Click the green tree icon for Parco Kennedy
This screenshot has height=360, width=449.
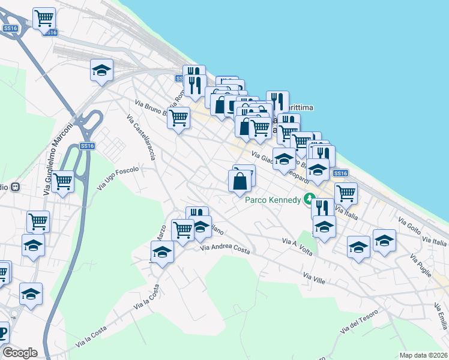[x=309, y=197]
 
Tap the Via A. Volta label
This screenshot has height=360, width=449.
[x=297, y=246]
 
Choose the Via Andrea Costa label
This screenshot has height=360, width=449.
[x=224, y=248]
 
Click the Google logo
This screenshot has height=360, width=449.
[x=20, y=352]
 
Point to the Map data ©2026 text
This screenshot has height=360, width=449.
[x=423, y=355]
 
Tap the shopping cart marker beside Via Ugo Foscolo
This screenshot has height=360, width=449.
[x=62, y=181]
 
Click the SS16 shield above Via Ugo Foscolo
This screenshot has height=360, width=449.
[x=88, y=146]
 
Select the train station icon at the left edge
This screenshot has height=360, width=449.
[x=16, y=187]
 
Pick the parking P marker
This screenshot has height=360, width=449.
[x=2, y=332]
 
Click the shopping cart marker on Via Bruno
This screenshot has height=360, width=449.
[x=178, y=119]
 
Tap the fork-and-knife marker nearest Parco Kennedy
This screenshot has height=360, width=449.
[x=323, y=208]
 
